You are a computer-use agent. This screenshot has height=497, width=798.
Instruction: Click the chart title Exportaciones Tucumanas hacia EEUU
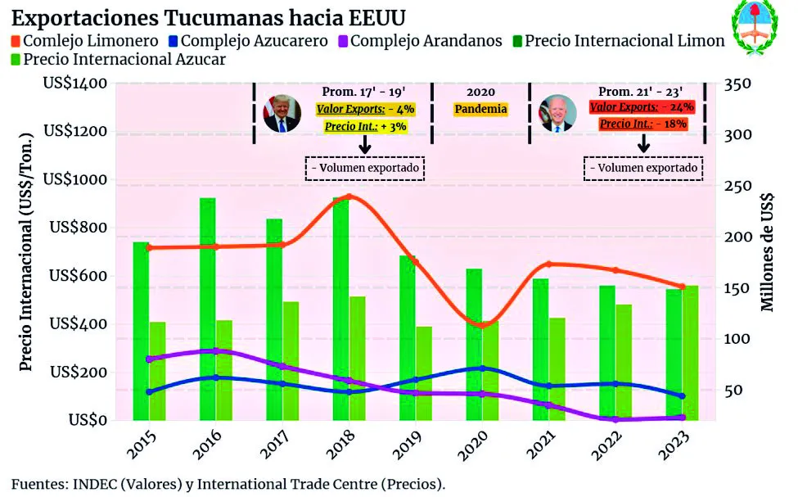pyautogui.click(x=209, y=17)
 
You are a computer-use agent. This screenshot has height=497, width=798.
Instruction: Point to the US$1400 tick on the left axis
pyautogui.click(x=74, y=84)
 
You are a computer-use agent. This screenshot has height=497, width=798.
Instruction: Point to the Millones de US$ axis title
pyautogui.click(x=768, y=252)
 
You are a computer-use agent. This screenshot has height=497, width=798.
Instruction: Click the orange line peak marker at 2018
pyautogui.click(x=349, y=197)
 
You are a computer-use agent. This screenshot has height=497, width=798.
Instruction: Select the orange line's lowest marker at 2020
pyautogui.click(x=482, y=326)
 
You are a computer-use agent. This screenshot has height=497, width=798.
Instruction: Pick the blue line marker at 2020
pyautogui.click(x=482, y=368)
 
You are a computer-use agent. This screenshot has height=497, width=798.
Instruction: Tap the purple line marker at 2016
pyautogui.click(x=215, y=350)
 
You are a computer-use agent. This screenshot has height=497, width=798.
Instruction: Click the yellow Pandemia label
pyautogui.click(x=480, y=109)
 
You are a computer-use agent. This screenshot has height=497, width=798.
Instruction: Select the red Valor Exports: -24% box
pyautogui.click(x=642, y=106)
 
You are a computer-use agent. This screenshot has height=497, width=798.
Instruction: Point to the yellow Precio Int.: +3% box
pyautogui.click(x=365, y=126)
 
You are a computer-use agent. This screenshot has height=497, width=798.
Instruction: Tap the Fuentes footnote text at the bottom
pyautogui.click(x=228, y=483)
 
